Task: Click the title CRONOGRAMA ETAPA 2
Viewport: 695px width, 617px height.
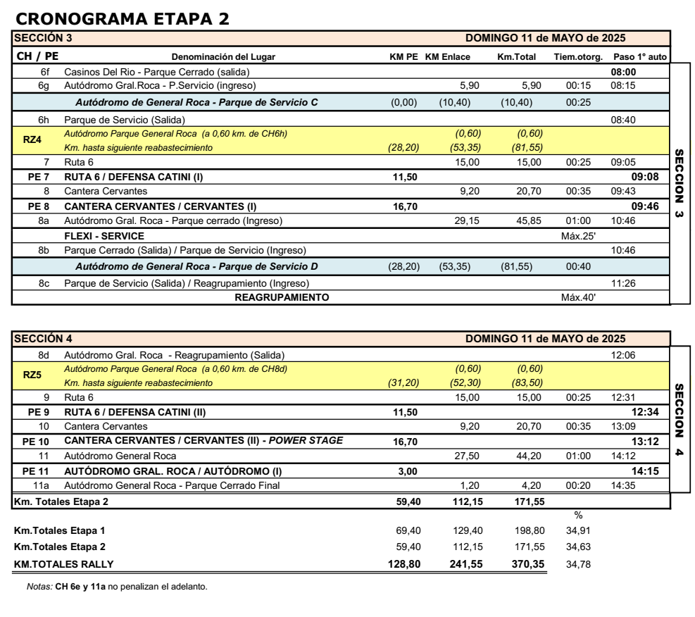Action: [121, 20]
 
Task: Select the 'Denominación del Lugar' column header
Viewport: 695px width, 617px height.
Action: [223, 56]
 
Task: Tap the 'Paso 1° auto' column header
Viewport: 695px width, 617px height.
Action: [639, 56]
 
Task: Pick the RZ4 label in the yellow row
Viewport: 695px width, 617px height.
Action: [32, 139]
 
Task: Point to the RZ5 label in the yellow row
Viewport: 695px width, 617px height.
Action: [32, 375]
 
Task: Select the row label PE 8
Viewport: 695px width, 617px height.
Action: [39, 207]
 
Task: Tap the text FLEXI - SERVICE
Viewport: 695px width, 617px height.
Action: [104, 236]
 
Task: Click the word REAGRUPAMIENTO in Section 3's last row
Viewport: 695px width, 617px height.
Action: [282, 297]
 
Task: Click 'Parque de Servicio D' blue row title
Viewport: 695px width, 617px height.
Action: [196, 266]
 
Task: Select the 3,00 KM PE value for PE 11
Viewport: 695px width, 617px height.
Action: [408, 470]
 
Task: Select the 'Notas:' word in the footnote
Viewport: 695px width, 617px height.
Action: [39, 587]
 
